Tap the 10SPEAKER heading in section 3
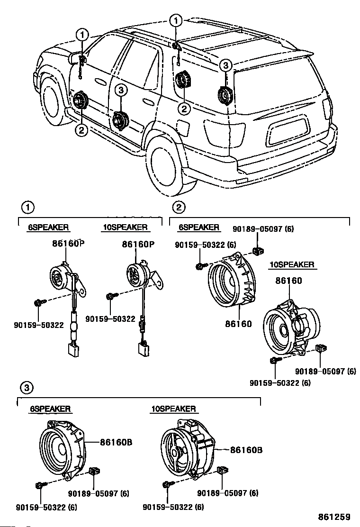[173, 409]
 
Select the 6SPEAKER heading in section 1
[48, 227]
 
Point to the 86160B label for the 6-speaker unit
[116, 442]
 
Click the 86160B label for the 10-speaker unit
[246, 449]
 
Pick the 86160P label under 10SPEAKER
[138, 245]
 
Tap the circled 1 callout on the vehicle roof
[176, 21]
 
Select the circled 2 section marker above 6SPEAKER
[179, 207]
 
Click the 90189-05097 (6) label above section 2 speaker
[263, 229]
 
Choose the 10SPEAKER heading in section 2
[292, 264]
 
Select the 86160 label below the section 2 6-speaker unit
[238, 324]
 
